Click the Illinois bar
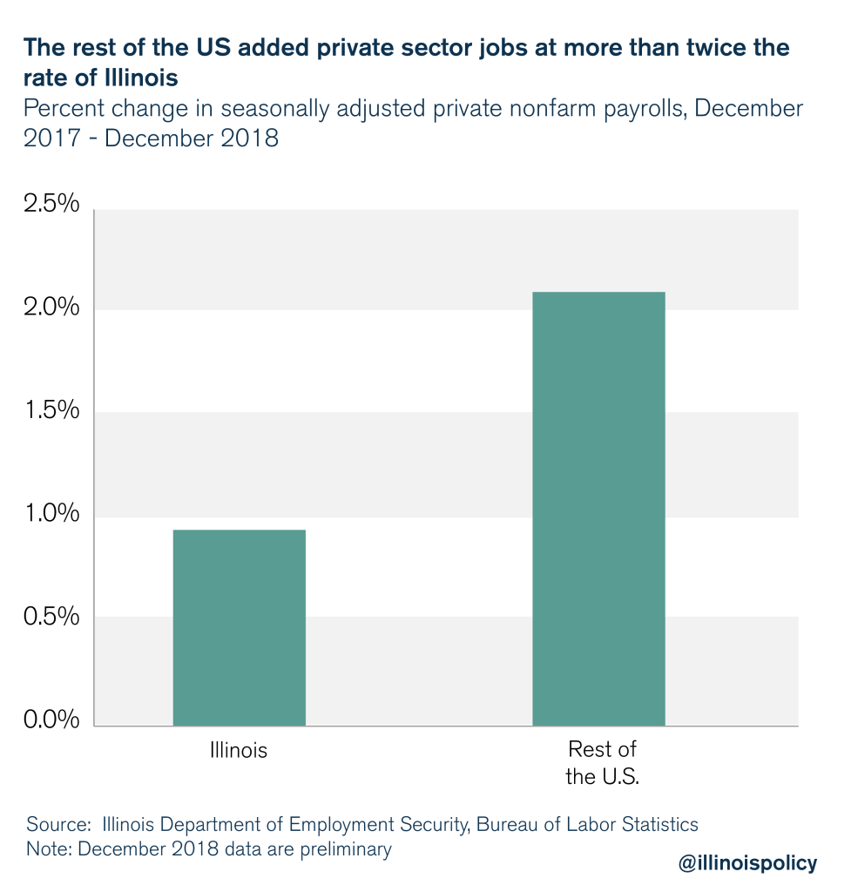pyautogui.click(x=239, y=627)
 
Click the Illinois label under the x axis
pyautogui.click(x=238, y=750)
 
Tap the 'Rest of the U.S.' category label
pyautogui.click(x=602, y=763)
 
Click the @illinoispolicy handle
pyautogui.click(x=748, y=862)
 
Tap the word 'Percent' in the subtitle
pyautogui.click(x=60, y=109)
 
